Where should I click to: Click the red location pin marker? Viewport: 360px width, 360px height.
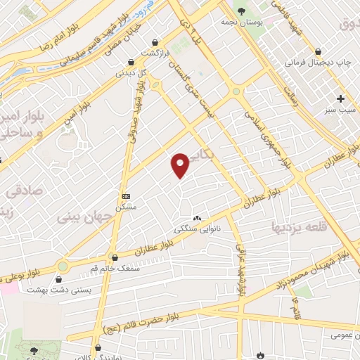181,165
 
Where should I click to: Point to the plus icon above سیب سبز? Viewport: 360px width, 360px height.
341,99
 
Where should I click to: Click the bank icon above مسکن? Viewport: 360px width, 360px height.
126,196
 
